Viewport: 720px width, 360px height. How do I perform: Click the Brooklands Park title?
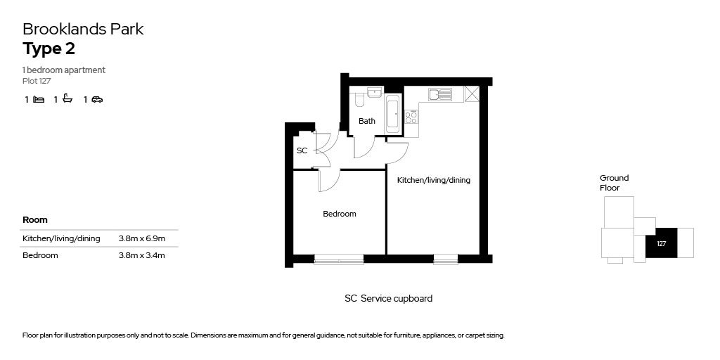[x=83, y=30]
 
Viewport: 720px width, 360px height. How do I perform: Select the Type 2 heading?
[x=49, y=49]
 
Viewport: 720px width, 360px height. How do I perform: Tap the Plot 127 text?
[x=37, y=81]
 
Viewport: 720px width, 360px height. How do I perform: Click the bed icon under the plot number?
[x=39, y=100]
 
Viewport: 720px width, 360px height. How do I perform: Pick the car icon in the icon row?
[x=97, y=100]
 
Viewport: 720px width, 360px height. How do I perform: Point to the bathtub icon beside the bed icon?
[x=67, y=99]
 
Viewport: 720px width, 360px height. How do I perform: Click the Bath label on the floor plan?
[x=367, y=121]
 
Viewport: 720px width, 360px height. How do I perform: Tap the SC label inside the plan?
[x=302, y=151]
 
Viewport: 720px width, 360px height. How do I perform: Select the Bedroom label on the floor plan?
[x=340, y=214]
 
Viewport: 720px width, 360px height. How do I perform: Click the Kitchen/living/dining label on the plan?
[x=434, y=180]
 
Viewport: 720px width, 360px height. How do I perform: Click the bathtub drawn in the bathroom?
[x=392, y=115]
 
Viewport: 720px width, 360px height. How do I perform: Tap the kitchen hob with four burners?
[x=411, y=117]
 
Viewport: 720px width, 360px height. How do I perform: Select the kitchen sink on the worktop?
[x=439, y=94]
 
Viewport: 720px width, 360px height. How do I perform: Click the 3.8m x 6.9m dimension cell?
[x=142, y=238]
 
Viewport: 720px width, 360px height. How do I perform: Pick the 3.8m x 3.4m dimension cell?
[x=142, y=255]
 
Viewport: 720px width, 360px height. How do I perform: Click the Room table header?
[x=35, y=220]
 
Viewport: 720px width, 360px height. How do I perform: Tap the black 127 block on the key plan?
[x=661, y=243]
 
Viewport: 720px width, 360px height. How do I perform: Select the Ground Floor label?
[x=614, y=183]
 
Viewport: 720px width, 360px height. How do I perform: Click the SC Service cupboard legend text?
[x=388, y=298]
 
